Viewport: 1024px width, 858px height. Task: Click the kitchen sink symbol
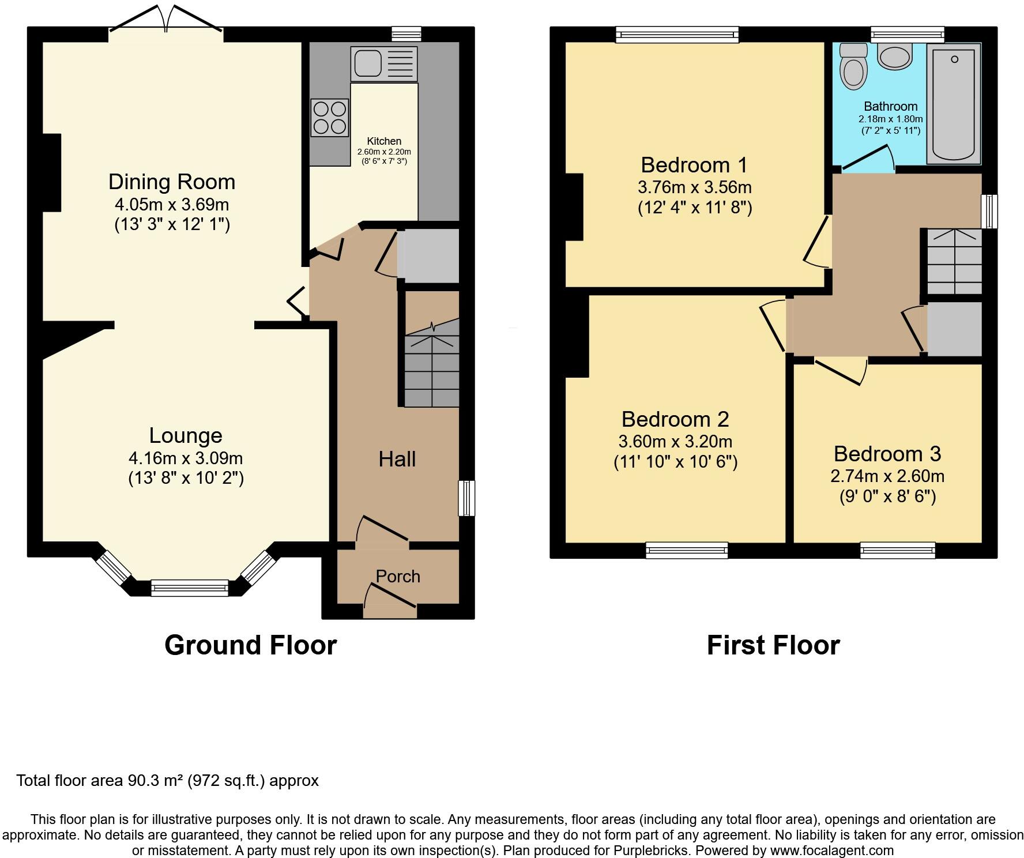click(x=384, y=63)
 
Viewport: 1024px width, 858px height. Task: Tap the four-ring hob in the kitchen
click(x=330, y=118)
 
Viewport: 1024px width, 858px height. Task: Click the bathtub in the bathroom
click(x=954, y=104)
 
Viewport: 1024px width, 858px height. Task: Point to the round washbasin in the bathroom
click(x=895, y=57)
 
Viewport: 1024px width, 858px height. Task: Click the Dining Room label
click(x=172, y=182)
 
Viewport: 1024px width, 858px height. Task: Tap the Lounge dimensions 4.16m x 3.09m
click(x=186, y=458)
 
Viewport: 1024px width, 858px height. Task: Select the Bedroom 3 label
click(x=887, y=454)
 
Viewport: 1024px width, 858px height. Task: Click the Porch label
click(x=398, y=576)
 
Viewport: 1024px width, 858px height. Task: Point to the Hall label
click(x=397, y=459)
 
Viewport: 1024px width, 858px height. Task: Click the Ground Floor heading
click(x=250, y=645)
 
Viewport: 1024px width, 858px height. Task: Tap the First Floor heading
click(x=773, y=645)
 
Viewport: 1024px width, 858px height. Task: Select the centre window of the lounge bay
click(x=190, y=588)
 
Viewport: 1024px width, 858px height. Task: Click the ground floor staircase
click(x=431, y=369)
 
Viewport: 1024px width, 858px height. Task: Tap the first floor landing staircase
click(x=954, y=262)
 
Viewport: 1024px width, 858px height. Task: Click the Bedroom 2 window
click(x=687, y=550)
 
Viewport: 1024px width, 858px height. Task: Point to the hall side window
click(x=467, y=498)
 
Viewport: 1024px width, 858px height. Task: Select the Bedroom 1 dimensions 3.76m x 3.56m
click(x=694, y=187)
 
